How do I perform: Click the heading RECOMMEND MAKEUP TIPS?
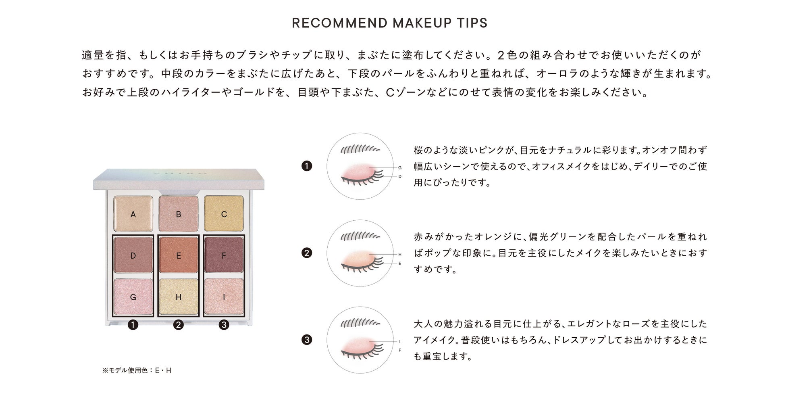point(389,23)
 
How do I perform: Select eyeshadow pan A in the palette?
point(133,214)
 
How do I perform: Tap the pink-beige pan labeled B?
point(179,214)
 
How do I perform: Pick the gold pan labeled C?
point(224,214)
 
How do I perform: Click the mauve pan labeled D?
point(133,255)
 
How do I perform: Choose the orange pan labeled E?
point(179,255)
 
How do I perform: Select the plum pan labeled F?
point(224,255)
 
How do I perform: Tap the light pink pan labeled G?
point(133,297)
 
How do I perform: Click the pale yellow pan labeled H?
point(179,297)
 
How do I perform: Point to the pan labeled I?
point(224,297)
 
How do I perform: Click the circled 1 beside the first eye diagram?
point(307,166)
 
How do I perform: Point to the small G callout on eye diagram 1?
point(400,167)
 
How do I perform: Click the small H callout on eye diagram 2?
point(400,255)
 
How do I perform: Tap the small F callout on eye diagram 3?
point(400,350)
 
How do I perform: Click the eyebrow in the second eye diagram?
point(360,236)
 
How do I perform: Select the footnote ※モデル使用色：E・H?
point(137,370)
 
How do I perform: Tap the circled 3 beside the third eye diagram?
point(307,340)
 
